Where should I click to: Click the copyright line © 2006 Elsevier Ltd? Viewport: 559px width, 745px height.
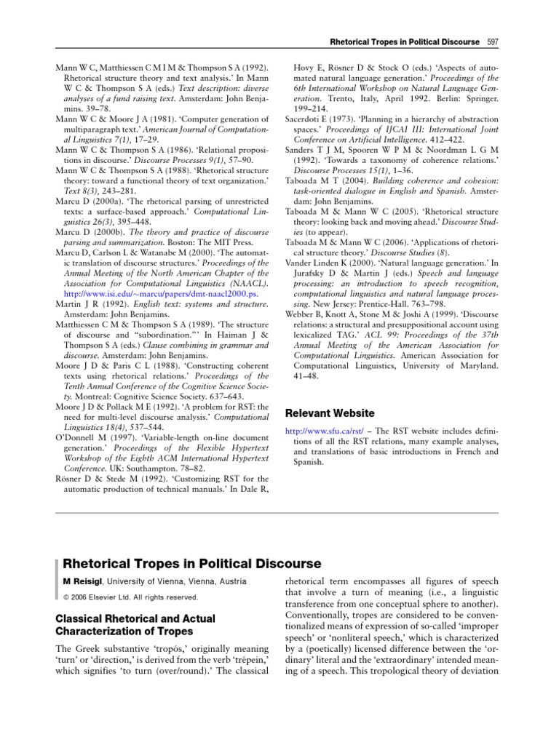tap(130, 597)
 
